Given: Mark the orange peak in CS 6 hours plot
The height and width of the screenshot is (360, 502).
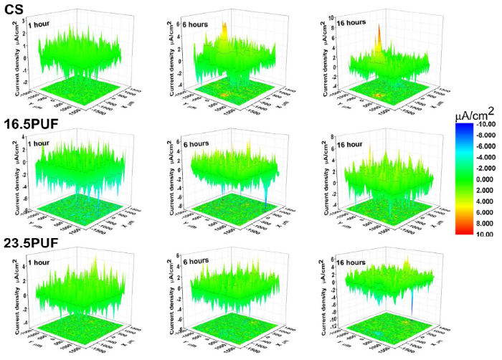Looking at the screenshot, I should coord(224,30).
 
